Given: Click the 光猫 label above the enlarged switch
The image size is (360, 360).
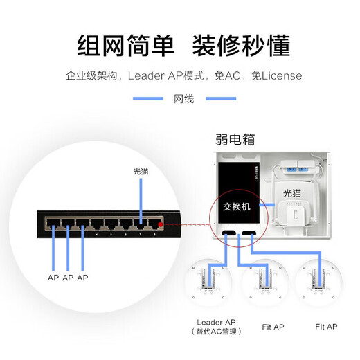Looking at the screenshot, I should coord(141,170).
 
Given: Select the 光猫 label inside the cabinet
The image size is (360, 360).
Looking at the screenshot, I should coord(294,192).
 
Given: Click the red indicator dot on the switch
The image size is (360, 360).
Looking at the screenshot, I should coord(161,225).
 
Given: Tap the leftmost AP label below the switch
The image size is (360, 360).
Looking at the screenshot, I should coord(53,278).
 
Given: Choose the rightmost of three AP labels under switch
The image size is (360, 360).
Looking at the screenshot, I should coord(83,278).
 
